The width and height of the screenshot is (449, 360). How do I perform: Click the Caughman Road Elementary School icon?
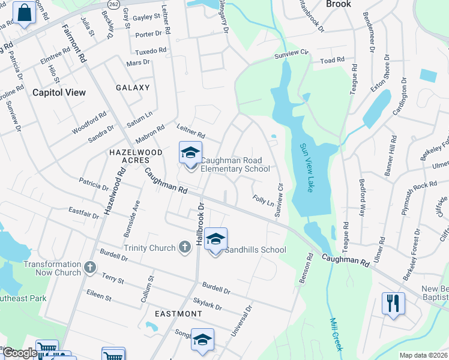coord(190,153)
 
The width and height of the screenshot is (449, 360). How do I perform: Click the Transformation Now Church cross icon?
coord(90,267)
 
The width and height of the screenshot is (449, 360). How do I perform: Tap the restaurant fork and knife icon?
coord(393,302)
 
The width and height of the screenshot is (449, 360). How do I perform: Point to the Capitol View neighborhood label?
coord(59,92)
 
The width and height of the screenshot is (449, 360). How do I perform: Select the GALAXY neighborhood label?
coord(133,88)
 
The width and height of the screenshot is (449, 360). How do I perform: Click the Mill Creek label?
coord(336,334)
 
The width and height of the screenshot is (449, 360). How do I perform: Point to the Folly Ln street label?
coord(263,199)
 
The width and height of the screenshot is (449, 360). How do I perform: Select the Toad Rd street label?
coord(332,61)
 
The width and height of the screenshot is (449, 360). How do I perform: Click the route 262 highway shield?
coord(114,4)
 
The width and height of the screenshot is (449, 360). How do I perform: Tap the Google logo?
coord(20,353)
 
